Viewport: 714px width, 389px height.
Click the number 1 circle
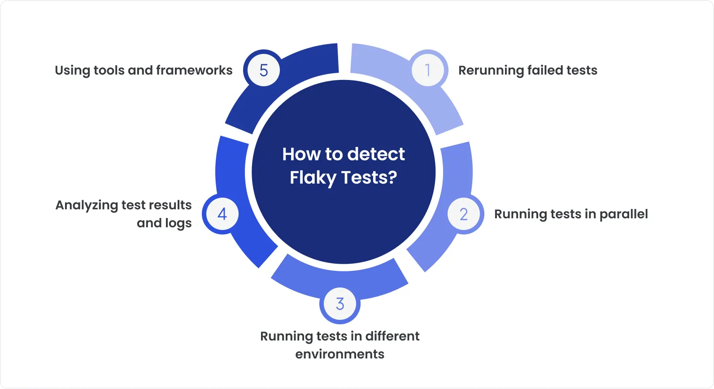428,70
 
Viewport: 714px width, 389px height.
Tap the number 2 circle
464,214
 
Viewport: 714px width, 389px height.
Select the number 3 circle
340,304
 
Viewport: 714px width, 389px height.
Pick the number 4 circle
222,214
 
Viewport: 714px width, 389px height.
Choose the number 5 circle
264,70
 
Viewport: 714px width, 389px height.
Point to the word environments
340,354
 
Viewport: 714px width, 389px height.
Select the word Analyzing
87,206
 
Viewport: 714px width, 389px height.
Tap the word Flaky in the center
313,178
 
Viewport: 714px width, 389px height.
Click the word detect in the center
376,154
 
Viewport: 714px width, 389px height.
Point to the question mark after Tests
393,177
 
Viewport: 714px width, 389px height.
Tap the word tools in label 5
109,71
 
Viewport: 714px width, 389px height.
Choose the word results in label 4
170,205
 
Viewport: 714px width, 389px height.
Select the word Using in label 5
72,71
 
